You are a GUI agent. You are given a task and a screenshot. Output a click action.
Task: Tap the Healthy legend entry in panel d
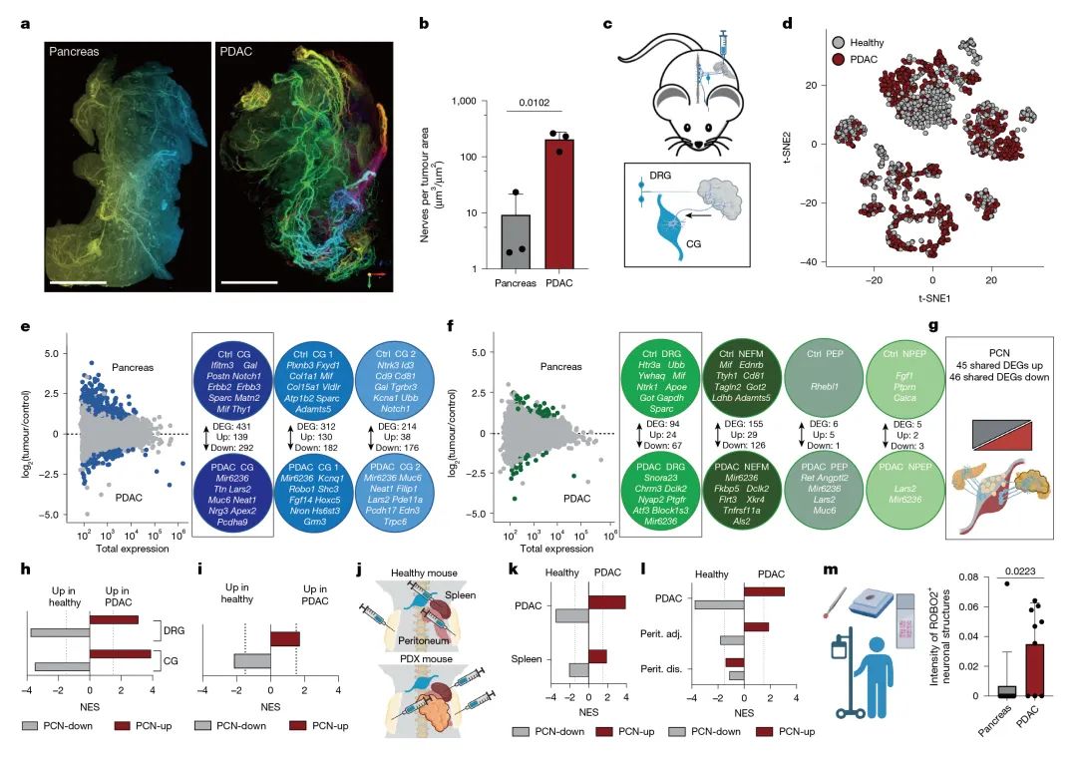tap(867, 44)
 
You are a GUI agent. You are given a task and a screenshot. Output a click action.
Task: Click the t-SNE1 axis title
tap(932, 298)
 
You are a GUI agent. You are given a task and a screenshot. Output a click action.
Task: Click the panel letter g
tap(933, 325)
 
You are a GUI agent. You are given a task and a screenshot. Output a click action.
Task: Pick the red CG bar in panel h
tap(120, 655)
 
